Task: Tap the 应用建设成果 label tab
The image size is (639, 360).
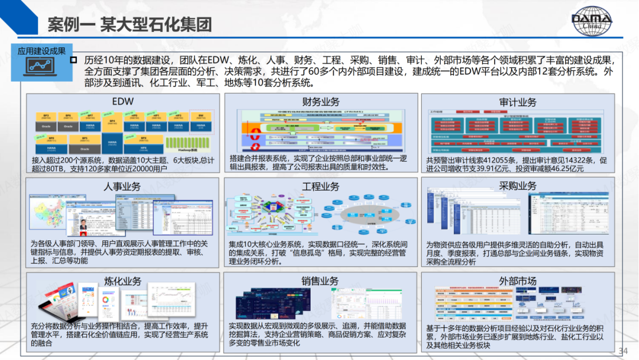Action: pyautogui.click(x=41, y=51)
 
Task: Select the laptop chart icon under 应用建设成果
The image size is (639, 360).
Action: pyautogui.click(x=41, y=67)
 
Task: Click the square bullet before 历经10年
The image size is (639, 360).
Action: pyautogui.click(x=74, y=60)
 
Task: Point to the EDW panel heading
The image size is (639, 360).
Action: pyautogui.click(x=123, y=101)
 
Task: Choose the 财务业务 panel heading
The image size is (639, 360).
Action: pyautogui.click(x=321, y=102)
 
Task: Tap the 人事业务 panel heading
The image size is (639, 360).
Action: pyautogui.click(x=122, y=187)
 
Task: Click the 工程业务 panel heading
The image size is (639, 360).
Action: pyautogui.click(x=321, y=187)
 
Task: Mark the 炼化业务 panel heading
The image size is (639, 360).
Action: pyautogui.click(x=122, y=281)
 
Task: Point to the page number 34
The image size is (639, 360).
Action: pyautogui.click(x=623, y=351)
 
